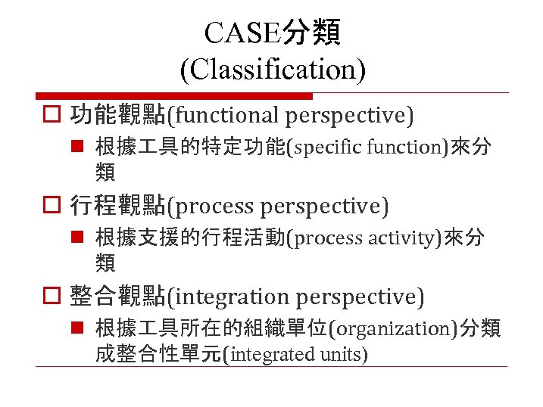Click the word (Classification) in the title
pos(272,70)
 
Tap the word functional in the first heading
pos(225,115)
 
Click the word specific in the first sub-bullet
pos(329,148)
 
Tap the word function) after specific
pos(410,148)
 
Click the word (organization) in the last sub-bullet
pos(380,329)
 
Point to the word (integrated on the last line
pos(267,354)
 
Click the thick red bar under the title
pos(175,96)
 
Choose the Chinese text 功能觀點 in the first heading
pos(117,115)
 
